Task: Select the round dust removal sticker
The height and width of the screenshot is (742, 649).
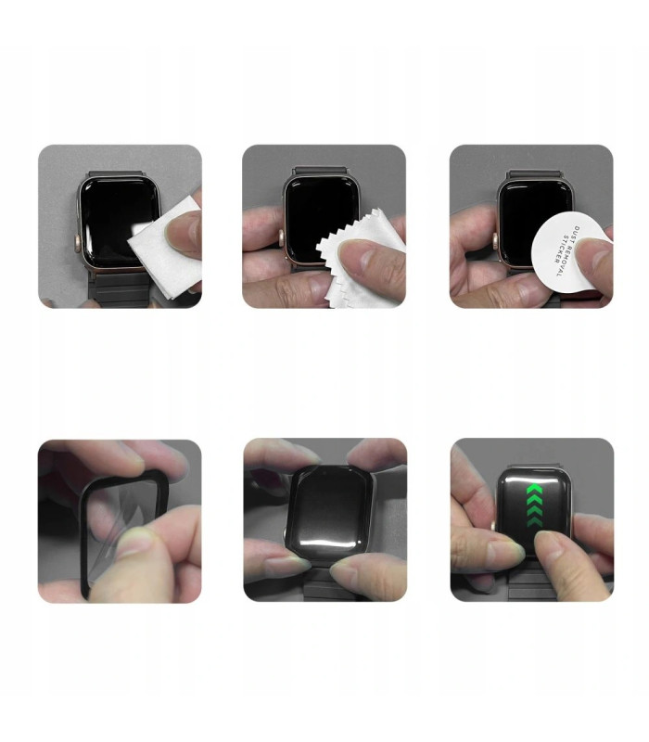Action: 566,253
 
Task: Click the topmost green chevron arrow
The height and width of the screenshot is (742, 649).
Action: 534,490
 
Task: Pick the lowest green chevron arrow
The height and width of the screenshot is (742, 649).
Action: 534,522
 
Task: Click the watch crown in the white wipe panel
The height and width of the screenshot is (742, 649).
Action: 77,243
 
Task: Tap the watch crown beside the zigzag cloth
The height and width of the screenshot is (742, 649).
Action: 282,237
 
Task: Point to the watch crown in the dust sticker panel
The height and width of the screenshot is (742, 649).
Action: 495,241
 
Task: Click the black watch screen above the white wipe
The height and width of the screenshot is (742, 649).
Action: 114,218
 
